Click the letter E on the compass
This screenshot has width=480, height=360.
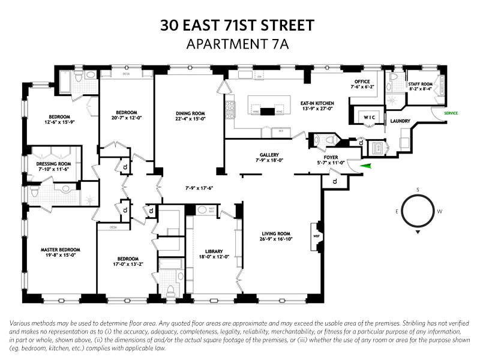tap(397, 211)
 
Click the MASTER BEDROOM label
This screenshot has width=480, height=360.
tap(60, 250)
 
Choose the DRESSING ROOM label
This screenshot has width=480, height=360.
tap(53, 164)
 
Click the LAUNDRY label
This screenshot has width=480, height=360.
tap(400, 121)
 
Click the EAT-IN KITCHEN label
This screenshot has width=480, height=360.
tap(317, 103)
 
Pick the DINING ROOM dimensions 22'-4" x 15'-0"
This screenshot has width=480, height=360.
tap(191, 119)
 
